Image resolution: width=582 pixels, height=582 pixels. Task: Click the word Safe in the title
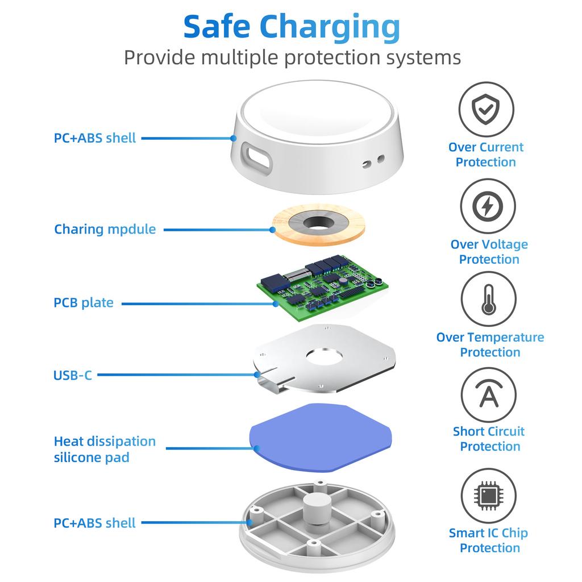pyautogui.click(x=217, y=26)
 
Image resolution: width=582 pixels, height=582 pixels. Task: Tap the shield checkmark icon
pyautogui.click(x=486, y=110)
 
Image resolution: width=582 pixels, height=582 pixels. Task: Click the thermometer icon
pyautogui.click(x=488, y=300)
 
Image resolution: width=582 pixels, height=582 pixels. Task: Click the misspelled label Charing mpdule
pyautogui.click(x=105, y=229)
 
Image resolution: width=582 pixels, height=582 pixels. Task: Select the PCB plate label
pyautogui.click(x=84, y=302)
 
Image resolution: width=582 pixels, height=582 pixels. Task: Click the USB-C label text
pyautogui.click(x=72, y=375)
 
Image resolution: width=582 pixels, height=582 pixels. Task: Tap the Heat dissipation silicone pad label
pyautogui.click(x=105, y=449)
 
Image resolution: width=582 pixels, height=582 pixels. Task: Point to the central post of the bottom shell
pyautogui.click(x=318, y=508)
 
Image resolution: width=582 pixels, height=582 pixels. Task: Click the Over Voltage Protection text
pyautogui.click(x=489, y=252)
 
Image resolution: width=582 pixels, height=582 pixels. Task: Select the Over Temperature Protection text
pyautogui.click(x=490, y=344)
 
